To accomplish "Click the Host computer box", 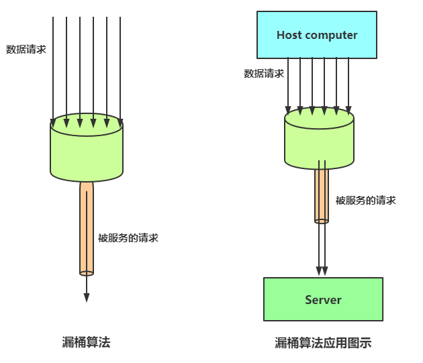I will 317,35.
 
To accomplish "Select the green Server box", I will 323,299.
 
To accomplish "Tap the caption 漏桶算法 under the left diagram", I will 86,342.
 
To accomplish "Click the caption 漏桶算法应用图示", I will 323,343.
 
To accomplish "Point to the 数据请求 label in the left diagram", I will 26,49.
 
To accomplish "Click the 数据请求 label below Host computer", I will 264,73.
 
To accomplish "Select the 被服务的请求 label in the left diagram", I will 128,238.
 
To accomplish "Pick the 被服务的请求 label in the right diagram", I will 366,200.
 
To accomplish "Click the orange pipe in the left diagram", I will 87,228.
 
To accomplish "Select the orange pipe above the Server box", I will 322,195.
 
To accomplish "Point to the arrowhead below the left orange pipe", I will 87,297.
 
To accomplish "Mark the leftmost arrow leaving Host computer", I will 288,84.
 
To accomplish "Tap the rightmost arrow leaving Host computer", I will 348,84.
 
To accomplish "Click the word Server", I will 323,300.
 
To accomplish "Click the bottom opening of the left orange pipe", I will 87,272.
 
